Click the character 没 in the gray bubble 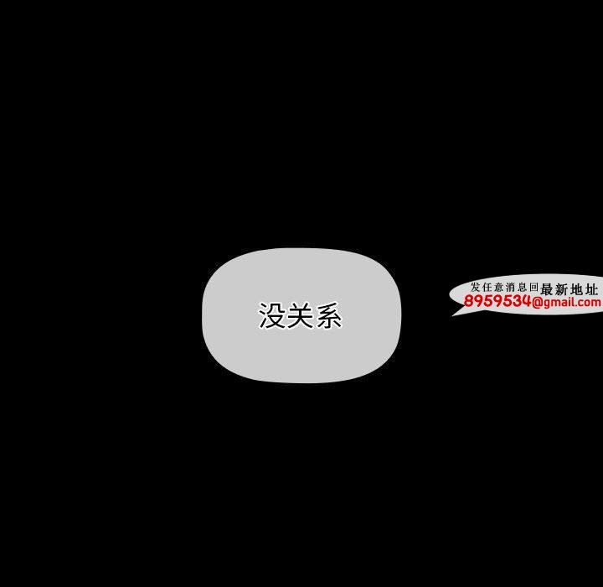[272, 315]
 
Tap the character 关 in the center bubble [300, 315]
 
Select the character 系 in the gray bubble [328, 315]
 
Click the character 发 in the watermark [476, 287]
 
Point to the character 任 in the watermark [487, 287]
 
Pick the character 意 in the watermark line [499, 287]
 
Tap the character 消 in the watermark [510, 287]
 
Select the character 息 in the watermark [522, 287]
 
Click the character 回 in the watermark [533, 287]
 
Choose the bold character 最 [546, 288]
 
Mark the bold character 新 [561, 288]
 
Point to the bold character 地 [577, 288]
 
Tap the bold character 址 [592, 288]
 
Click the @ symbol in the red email [537, 303]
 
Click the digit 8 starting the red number [469, 301]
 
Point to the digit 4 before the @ [526, 301]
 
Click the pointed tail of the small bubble [452, 315]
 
